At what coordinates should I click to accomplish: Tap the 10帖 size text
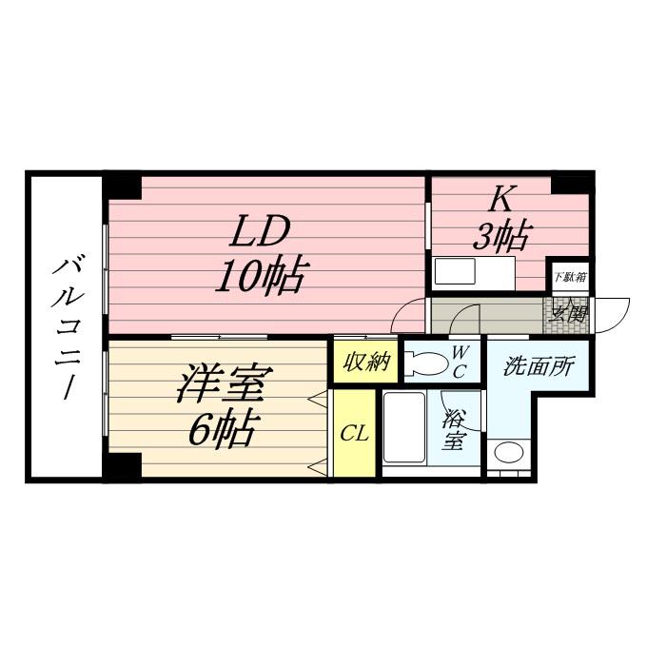pos(259,277)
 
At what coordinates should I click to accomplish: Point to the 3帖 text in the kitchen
pos(501,236)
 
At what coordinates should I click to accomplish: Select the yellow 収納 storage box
pos(365,363)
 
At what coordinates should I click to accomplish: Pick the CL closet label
pos(354,434)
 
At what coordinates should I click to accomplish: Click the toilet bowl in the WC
pos(426,363)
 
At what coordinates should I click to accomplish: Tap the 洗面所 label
pos(539,366)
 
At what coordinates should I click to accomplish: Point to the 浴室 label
pos(454,429)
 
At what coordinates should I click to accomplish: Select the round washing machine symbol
pos(509,453)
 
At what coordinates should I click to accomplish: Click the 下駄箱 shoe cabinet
pos(569,277)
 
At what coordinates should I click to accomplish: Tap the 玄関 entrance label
pos(568,313)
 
